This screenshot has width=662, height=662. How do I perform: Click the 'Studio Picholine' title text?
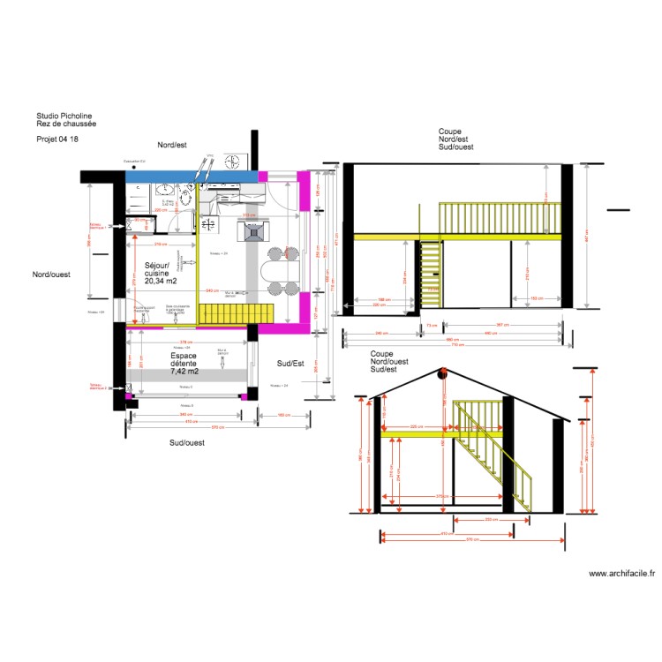tap(64, 116)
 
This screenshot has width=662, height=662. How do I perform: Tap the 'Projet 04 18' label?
tap(56, 139)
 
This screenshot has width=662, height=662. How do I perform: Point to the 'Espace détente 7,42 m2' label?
tap(184, 365)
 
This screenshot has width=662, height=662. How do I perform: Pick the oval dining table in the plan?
tap(277, 271)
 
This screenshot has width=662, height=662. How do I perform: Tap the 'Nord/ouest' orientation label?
tap(51, 275)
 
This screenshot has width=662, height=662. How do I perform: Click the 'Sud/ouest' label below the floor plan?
tap(186, 442)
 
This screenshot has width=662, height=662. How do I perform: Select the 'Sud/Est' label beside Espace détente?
tap(290, 363)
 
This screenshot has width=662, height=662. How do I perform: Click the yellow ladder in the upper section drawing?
tap(430, 275)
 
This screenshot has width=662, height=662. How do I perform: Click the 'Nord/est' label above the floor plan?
tap(172, 145)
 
